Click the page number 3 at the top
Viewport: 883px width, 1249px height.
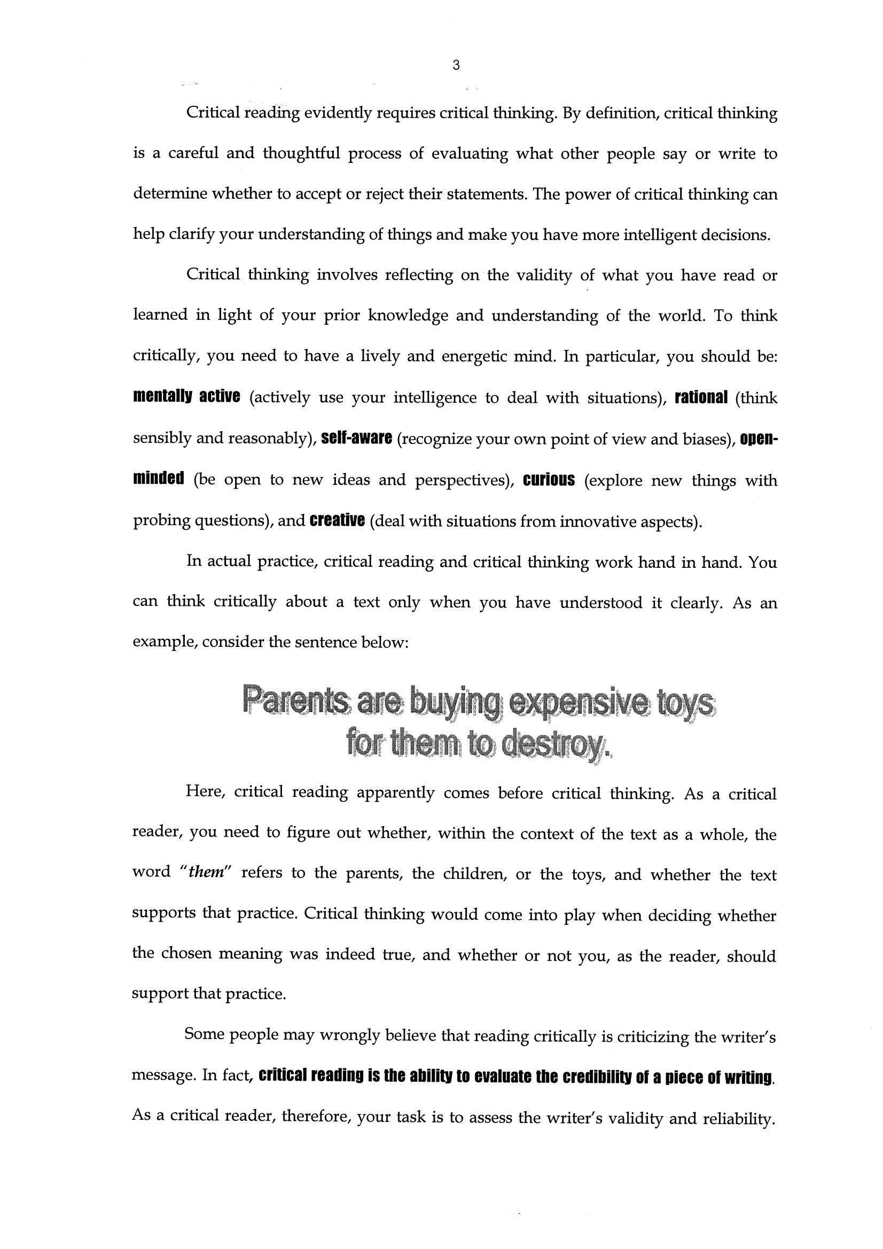pyautogui.click(x=456, y=66)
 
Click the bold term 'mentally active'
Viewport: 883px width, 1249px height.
pyautogui.click(x=186, y=396)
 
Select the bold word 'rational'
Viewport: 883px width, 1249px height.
pyautogui.click(x=701, y=397)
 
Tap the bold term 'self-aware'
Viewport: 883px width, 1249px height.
pyautogui.click(x=356, y=438)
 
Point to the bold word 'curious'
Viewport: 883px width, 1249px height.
pyautogui.click(x=549, y=480)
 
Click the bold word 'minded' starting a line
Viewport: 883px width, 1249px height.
pyautogui.click(x=158, y=479)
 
